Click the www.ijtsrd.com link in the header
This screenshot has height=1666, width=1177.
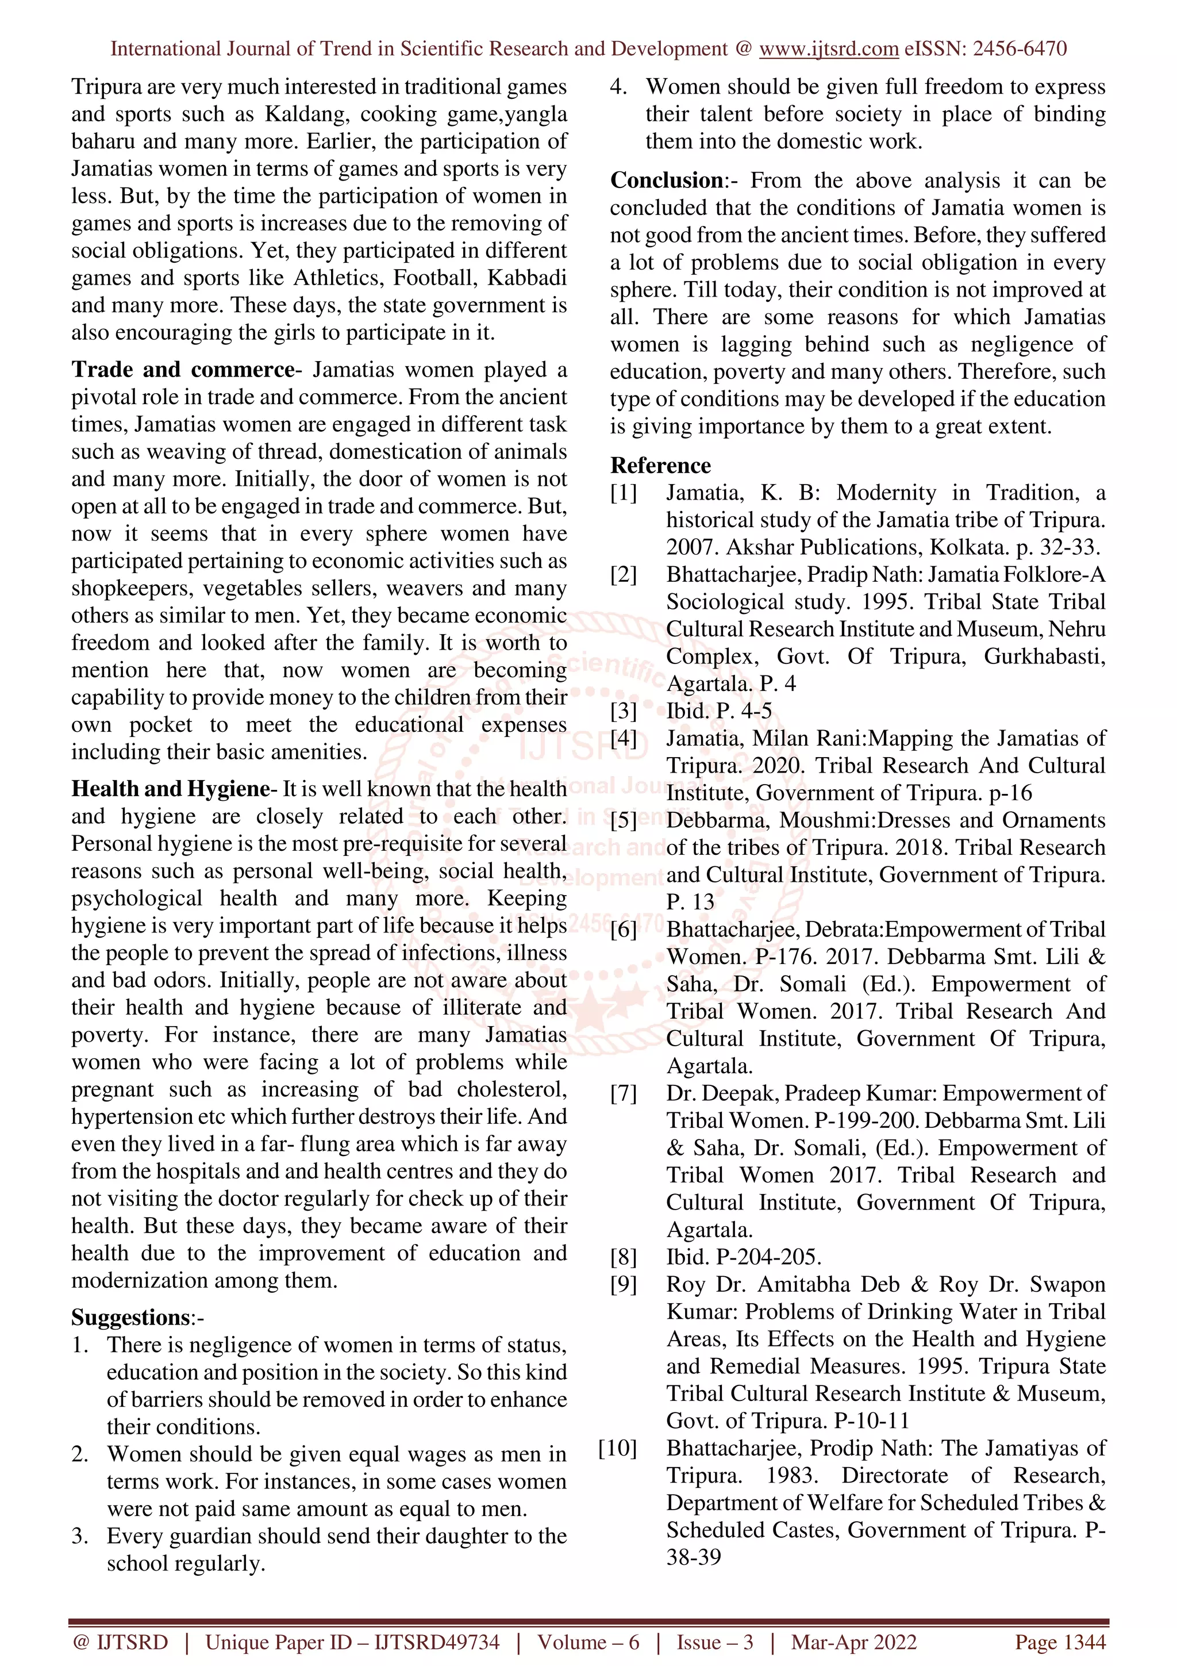click(x=828, y=49)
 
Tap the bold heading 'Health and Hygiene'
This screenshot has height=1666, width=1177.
click(x=171, y=789)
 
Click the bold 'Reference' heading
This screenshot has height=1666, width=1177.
click(x=660, y=465)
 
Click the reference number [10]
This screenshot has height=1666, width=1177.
click(x=617, y=1448)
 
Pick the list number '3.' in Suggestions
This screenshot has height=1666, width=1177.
click(x=80, y=1536)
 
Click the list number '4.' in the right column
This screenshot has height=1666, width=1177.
click(x=618, y=87)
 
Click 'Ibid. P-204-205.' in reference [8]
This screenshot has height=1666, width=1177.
click(x=743, y=1257)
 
